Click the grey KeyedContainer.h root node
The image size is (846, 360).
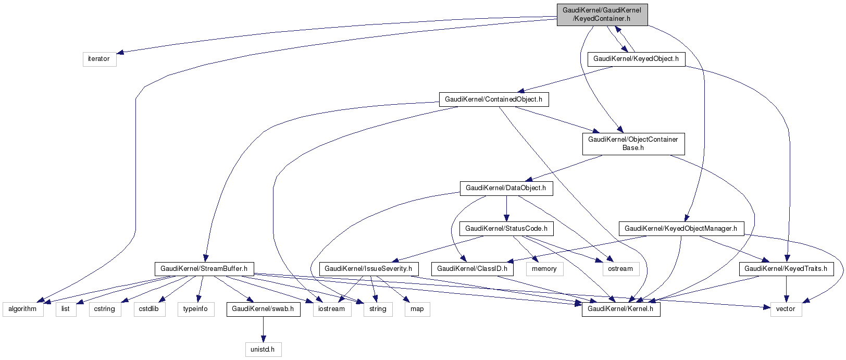pyautogui.click(x=602, y=15)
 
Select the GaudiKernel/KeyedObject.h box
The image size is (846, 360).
pyautogui.click(x=636, y=59)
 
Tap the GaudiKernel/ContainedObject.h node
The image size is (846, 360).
pyautogui.click(x=493, y=99)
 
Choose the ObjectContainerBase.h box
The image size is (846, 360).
pyautogui.click(x=633, y=143)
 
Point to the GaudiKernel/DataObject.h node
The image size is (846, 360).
pyautogui.click(x=505, y=188)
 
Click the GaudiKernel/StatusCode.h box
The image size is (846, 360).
pyautogui.click(x=506, y=228)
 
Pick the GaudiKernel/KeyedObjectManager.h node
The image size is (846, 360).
pyautogui.click(x=680, y=228)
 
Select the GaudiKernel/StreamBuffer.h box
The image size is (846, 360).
pyautogui.click(x=204, y=269)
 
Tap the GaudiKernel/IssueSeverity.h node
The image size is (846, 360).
pyautogui.click(x=368, y=269)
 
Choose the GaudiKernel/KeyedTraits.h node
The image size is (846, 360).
pyautogui.click(x=786, y=269)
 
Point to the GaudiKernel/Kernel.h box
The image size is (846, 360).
pyautogui.click(x=621, y=309)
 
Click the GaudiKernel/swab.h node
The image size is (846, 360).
pyautogui.click(x=263, y=309)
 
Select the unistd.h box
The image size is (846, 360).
pyautogui.click(x=263, y=349)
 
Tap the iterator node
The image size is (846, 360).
pyautogui.click(x=99, y=59)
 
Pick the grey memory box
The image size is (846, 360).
pyautogui.click(x=544, y=269)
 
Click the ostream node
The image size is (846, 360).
pyautogui.click(x=620, y=269)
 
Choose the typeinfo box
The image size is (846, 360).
pyautogui.click(x=195, y=309)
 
